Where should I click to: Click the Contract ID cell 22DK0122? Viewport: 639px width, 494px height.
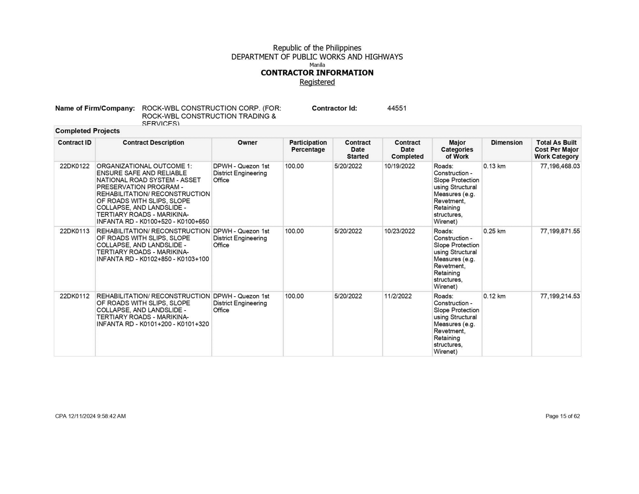pyautogui.click(x=74, y=166)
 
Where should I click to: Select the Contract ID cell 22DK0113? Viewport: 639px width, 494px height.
pyautogui.click(x=74, y=231)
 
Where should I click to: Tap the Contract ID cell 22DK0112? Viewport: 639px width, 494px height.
pyautogui.click(x=74, y=297)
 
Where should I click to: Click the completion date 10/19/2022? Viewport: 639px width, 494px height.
pyautogui.click(x=399, y=166)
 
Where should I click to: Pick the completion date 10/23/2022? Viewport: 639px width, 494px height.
pyautogui.click(x=399, y=231)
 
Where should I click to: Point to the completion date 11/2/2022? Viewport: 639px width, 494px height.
pyautogui.click(x=398, y=297)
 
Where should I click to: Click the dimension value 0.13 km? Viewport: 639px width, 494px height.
pyautogui.click(x=494, y=166)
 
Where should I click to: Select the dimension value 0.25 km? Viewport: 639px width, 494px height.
pyautogui.click(x=494, y=231)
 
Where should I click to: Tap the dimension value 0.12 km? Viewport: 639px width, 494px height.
pyautogui.click(x=494, y=297)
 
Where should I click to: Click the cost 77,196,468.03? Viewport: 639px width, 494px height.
pyautogui.click(x=560, y=166)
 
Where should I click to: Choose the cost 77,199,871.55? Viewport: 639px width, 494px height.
pyautogui.click(x=560, y=231)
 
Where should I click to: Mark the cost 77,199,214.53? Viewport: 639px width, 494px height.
pyautogui.click(x=560, y=297)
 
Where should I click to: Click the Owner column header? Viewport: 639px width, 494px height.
pyautogui.click(x=247, y=143)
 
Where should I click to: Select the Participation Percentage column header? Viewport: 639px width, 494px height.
pyautogui.click(x=308, y=146)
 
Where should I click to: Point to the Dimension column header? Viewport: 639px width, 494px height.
pyautogui.click(x=506, y=143)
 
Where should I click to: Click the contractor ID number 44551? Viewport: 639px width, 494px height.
pyautogui.click(x=397, y=108)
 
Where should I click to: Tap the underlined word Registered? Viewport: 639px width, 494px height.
pyautogui.click(x=317, y=82)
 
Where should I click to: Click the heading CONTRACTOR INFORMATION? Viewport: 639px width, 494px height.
pyautogui.click(x=317, y=73)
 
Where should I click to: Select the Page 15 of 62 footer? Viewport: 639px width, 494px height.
pyautogui.click(x=562, y=416)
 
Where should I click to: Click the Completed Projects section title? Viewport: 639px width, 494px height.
pyautogui.click(x=87, y=131)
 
